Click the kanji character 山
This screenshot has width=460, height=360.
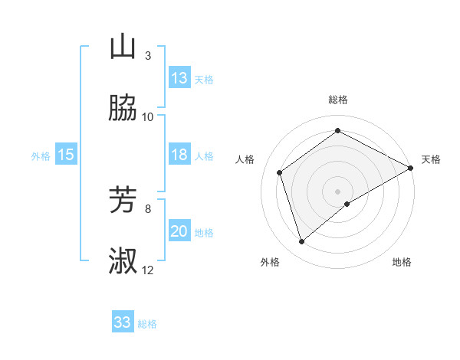(123, 47)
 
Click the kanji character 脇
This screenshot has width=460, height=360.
(123, 109)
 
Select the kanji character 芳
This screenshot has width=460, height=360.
(123, 201)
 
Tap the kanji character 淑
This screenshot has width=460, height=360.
(123, 262)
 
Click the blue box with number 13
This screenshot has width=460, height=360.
(179, 78)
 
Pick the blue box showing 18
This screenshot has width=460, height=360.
(179, 155)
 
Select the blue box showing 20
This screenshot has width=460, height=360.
(179, 231)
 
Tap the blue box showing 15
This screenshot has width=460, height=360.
(66, 155)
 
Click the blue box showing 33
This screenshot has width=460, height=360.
(123, 322)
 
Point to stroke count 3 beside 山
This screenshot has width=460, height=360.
(148, 55)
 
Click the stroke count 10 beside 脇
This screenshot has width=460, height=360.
(148, 116)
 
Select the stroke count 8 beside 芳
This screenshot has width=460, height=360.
(148, 208)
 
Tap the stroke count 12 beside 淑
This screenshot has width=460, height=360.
(148, 270)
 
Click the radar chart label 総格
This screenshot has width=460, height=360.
(338, 100)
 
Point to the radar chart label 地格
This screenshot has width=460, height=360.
(402, 262)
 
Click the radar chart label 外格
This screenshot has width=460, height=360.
(270, 262)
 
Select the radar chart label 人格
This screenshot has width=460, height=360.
(245, 159)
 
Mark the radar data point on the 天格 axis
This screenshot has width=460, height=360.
(411, 168)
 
